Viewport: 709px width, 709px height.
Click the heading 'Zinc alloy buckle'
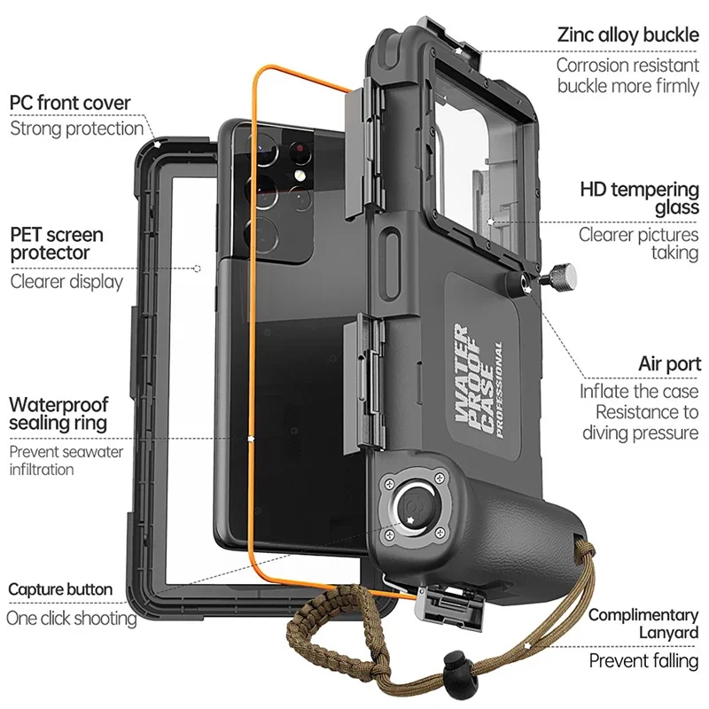point(628,35)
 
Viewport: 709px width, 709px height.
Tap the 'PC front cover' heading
point(70,103)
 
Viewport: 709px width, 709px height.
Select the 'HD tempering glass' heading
point(639,199)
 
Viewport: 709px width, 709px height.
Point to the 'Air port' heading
point(669,364)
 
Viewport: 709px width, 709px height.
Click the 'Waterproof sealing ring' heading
point(58,413)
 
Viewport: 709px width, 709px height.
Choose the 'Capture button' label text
point(60,589)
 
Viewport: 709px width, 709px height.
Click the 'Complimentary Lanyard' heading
point(643,623)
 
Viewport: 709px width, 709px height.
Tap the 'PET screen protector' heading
point(57,244)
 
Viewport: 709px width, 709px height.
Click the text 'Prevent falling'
point(643,660)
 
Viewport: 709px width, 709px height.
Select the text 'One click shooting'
point(72,618)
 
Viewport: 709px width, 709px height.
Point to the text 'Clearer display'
point(67,282)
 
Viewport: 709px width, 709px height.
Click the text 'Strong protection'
point(76,129)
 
